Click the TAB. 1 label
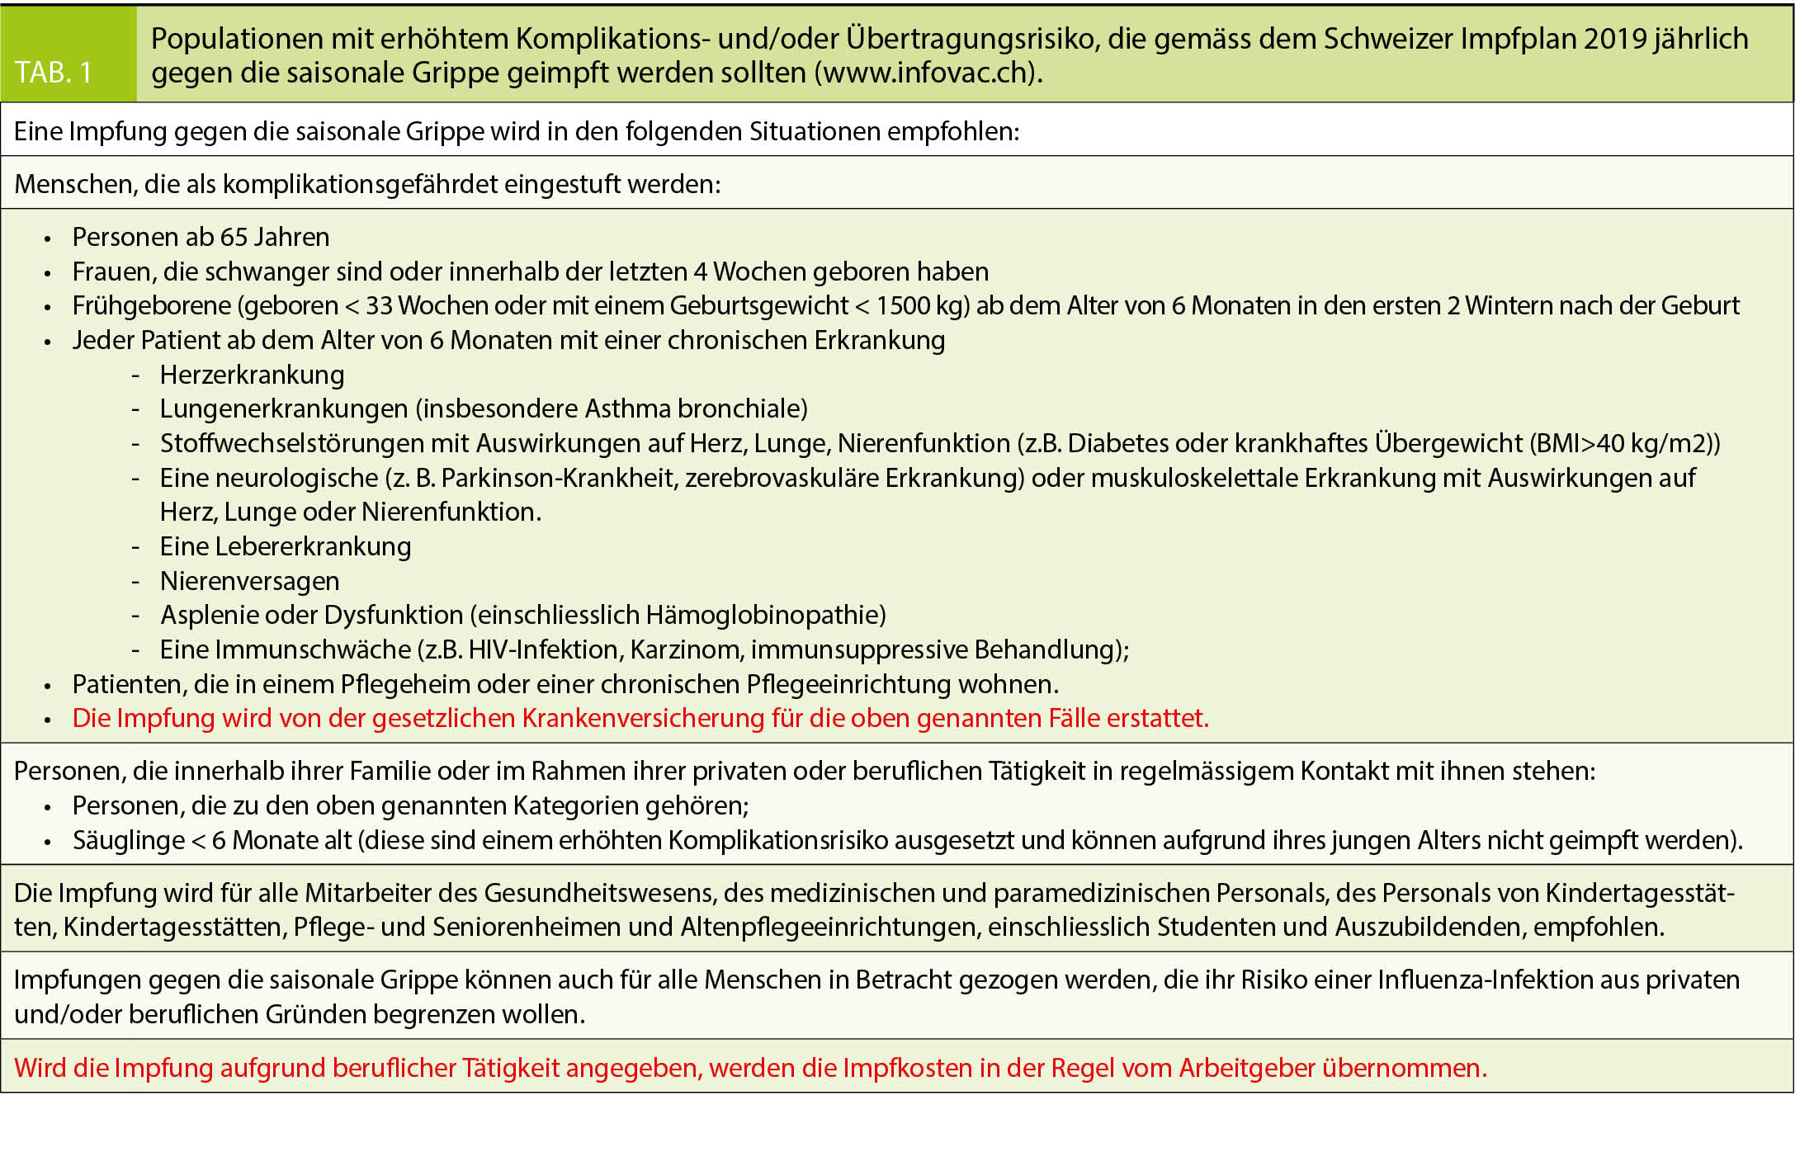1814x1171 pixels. tap(54, 73)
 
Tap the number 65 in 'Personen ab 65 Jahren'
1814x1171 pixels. tap(234, 237)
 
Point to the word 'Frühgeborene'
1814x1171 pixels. tap(152, 305)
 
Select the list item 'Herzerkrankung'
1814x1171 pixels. tap(252, 375)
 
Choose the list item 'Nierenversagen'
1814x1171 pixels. tap(249, 581)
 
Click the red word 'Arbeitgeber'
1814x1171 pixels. tap(1246, 1068)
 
